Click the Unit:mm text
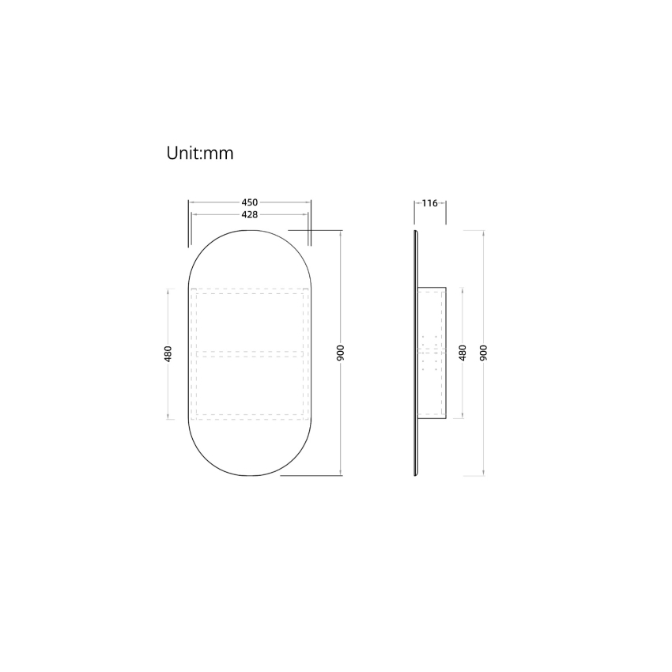(x=199, y=153)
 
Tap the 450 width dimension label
(x=249, y=203)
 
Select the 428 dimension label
(x=249, y=214)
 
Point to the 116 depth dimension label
(x=429, y=203)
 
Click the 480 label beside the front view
(x=168, y=353)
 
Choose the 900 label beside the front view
(x=341, y=353)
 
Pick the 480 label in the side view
(x=462, y=352)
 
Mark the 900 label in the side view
(x=483, y=352)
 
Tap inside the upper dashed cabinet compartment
(x=249, y=320)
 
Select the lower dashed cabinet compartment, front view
(x=249, y=385)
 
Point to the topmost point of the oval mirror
(x=249, y=229)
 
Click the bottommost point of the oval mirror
(x=249, y=477)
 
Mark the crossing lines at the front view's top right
(x=308, y=229)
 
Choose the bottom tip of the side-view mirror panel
(x=416, y=475)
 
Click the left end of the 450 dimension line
(x=188, y=203)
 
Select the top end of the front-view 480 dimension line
(x=168, y=289)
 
